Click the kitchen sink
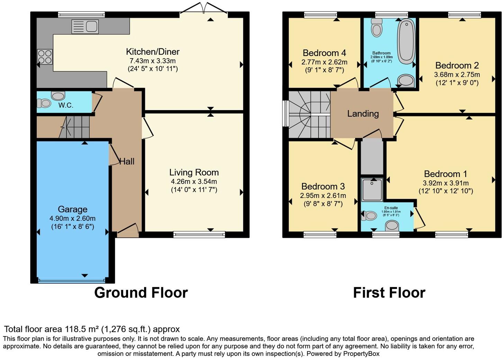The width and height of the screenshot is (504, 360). point(85,27)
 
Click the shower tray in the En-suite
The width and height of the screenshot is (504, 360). point(372,190)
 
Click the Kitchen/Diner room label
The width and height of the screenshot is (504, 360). point(153,52)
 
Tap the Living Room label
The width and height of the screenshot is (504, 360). point(194,172)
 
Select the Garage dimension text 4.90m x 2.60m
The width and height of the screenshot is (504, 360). point(72,218)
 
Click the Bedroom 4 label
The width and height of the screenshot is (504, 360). point(324,53)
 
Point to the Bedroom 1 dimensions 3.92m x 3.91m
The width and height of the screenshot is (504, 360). point(445,183)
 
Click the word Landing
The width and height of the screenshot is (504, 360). point(363,114)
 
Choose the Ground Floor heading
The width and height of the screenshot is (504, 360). point(141,293)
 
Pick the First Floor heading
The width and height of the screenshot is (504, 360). point(389,293)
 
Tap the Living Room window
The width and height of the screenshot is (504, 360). point(199,235)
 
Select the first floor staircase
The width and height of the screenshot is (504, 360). point(309,115)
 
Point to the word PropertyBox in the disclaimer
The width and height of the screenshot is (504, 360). point(361,354)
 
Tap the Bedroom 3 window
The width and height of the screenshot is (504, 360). point(320,235)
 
